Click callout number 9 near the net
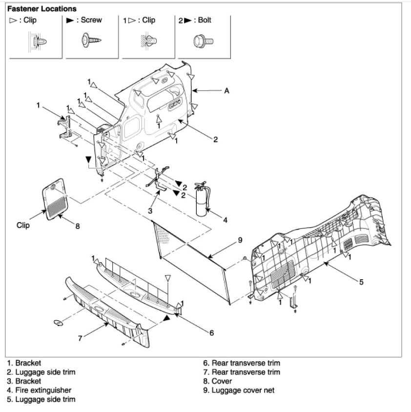(x=240, y=240)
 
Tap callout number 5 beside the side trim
(x=361, y=282)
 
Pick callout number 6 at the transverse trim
(x=211, y=333)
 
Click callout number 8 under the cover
(x=78, y=226)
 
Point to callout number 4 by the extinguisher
(x=225, y=220)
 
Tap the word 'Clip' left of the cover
(x=23, y=226)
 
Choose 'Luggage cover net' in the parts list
(x=239, y=390)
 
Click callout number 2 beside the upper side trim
(x=215, y=139)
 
